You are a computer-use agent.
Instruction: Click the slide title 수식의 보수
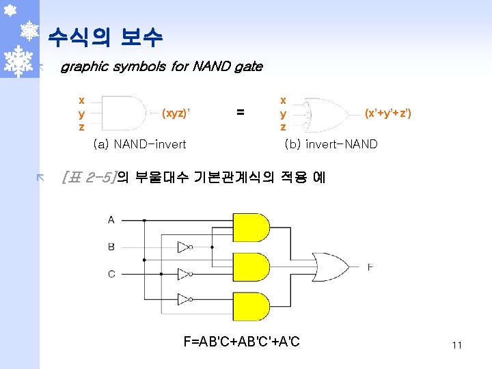point(105,37)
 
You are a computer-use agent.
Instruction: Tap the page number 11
point(456,345)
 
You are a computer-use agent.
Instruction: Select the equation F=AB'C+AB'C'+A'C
point(241,341)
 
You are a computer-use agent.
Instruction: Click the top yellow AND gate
point(251,228)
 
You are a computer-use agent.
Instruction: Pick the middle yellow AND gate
point(251,267)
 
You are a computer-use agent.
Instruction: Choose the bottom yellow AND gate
point(251,305)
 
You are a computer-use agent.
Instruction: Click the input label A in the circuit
point(111,220)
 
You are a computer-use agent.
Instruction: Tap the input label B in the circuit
point(111,247)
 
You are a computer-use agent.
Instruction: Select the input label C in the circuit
point(111,274)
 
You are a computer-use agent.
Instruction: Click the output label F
point(370,267)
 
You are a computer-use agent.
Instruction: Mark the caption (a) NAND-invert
point(139,144)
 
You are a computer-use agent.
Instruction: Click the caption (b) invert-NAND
point(331,144)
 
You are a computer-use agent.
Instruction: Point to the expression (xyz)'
point(175,113)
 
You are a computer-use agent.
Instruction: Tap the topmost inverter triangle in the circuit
point(183,247)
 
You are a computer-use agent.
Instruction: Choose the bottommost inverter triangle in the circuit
point(183,299)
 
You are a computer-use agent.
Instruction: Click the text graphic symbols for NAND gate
point(161,67)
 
